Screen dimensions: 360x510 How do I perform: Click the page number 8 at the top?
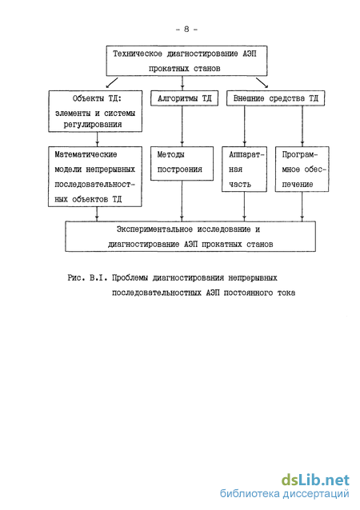[186, 30]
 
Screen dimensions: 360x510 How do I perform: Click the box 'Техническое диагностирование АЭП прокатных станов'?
[187, 61]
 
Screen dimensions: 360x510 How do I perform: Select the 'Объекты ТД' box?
[95, 111]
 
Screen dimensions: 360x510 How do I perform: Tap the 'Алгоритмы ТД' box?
[184, 98]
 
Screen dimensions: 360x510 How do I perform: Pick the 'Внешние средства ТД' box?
[276, 98]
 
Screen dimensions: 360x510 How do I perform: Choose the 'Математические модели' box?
[95, 177]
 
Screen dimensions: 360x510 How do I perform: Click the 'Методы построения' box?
[182, 164]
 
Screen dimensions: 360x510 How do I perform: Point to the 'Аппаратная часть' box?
[245, 169]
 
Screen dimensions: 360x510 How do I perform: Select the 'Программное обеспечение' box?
[302, 169]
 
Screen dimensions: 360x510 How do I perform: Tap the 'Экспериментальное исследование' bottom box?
[190, 237]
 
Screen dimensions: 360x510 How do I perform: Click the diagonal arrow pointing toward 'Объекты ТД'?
[112, 82]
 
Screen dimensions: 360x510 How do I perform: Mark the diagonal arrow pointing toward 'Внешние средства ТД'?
[262, 82]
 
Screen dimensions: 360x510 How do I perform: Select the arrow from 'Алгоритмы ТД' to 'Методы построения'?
[182, 126]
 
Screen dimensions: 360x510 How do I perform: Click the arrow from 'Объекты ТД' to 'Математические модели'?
[97, 139]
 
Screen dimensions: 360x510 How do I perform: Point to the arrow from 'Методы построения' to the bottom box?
[182, 201]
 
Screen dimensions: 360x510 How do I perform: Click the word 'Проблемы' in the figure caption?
[130, 278]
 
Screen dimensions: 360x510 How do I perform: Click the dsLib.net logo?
[315, 480]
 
